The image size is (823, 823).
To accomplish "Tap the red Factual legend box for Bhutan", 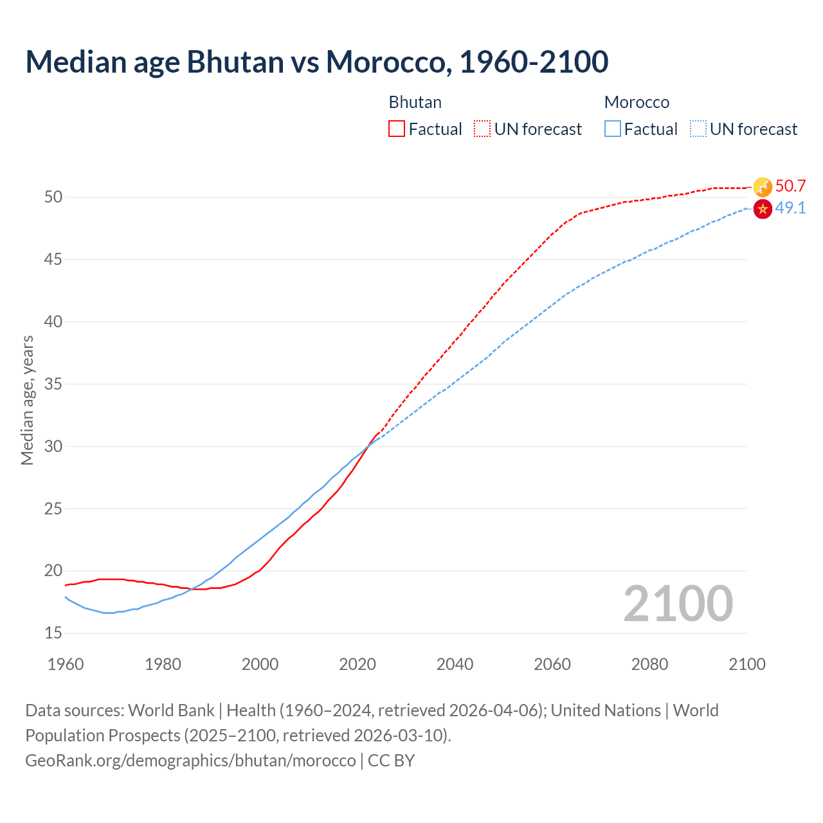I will (x=397, y=129).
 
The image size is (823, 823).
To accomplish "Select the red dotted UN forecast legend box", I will (x=482, y=129).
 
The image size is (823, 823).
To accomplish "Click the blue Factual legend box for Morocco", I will (x=613, y=129).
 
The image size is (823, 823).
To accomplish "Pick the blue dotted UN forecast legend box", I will (x=698, y=129).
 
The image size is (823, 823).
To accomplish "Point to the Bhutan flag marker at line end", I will (x=763, y=187).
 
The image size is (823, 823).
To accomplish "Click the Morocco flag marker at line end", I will (x=763, y=209).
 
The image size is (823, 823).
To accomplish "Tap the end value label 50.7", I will (x=790, y=186).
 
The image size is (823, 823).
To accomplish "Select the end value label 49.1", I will (x=790, y=208).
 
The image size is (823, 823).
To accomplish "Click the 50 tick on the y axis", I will (x=53, y=197).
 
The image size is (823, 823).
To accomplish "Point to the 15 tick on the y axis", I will (x=53, y=633).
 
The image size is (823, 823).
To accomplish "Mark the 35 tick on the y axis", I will (x=53, y=384).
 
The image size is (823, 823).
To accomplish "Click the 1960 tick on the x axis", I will (x=66, y=664).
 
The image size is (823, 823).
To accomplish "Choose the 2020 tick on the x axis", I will (x=357, y=664).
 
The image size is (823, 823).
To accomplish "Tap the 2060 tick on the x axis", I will (x=552, y=664).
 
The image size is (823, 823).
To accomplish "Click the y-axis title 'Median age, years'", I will (x=27, y=400).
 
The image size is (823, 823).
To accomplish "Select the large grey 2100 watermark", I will (x=678, y=604).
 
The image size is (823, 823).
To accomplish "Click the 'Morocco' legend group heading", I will (x=637, y=102).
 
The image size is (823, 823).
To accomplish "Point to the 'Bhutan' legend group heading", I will (x=415, y=102).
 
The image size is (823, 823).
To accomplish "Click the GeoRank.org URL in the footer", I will (x=190, y=761).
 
